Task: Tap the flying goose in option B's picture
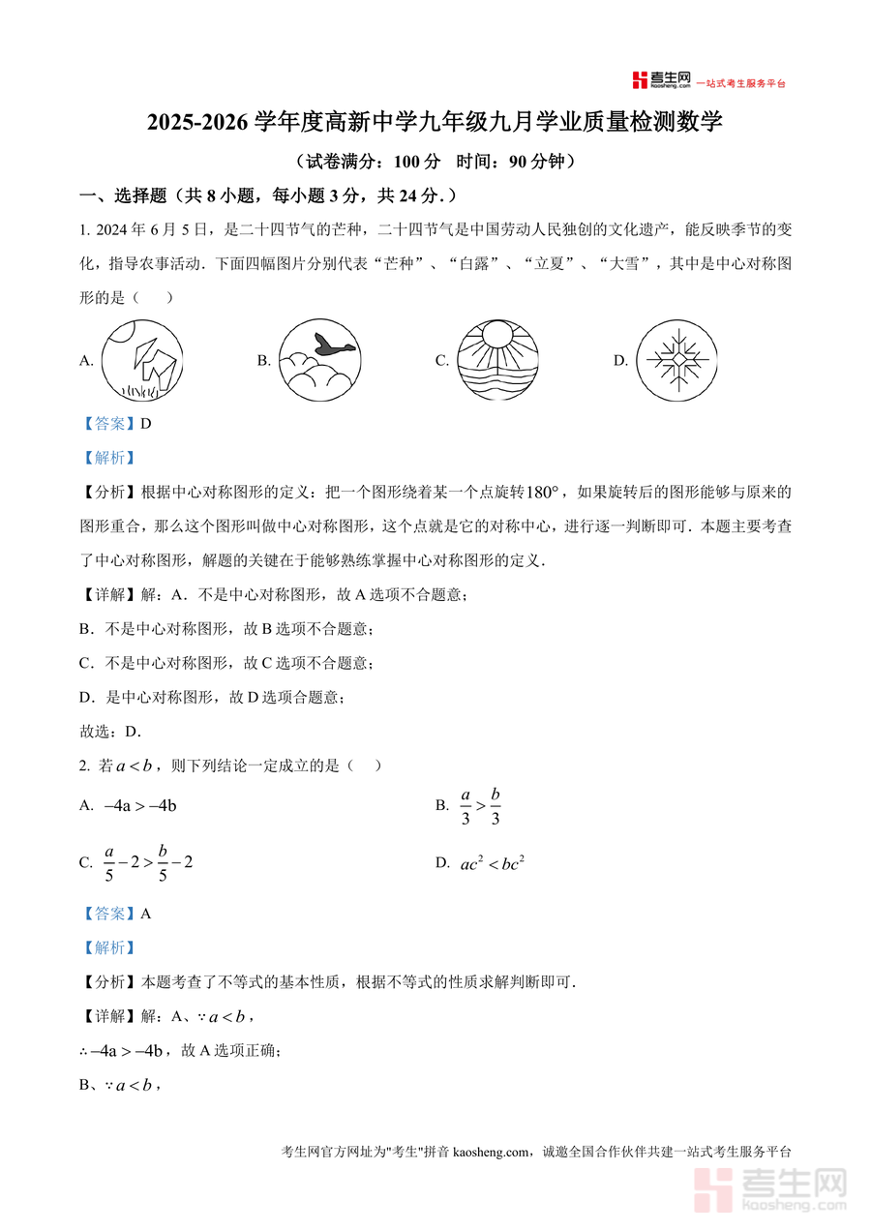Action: [333, 344]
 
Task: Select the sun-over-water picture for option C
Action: [496, 359]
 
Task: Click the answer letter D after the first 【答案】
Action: [146, 423]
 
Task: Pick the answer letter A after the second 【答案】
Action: [146, 913]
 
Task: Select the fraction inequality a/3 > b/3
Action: [480, 805]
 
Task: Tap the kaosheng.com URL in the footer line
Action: [492, 1152]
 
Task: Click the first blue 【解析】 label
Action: [108, 458]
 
